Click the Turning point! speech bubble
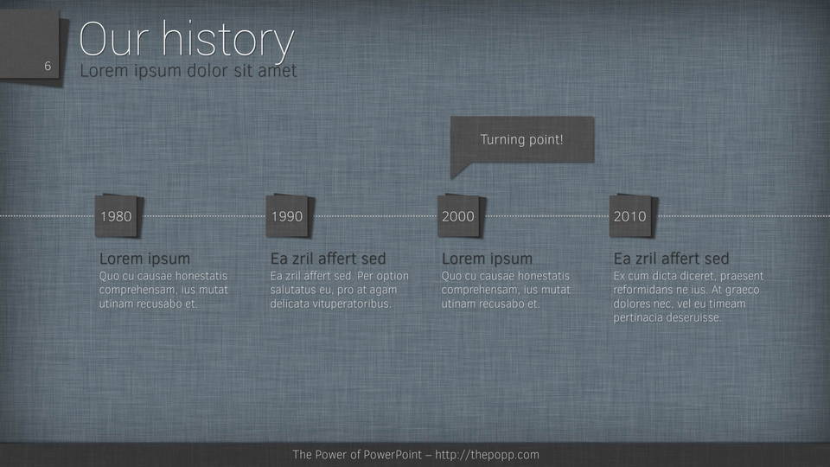pos(522,140)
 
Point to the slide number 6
pos(48,67)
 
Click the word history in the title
pos(227,40)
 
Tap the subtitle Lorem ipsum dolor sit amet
pos(188,71)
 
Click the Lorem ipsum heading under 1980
pos(144,259)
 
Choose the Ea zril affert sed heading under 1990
pos(329,259)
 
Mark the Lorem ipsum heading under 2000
pos(487,259)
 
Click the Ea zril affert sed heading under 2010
pos(671,259)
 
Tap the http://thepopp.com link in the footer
pos(487,455)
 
